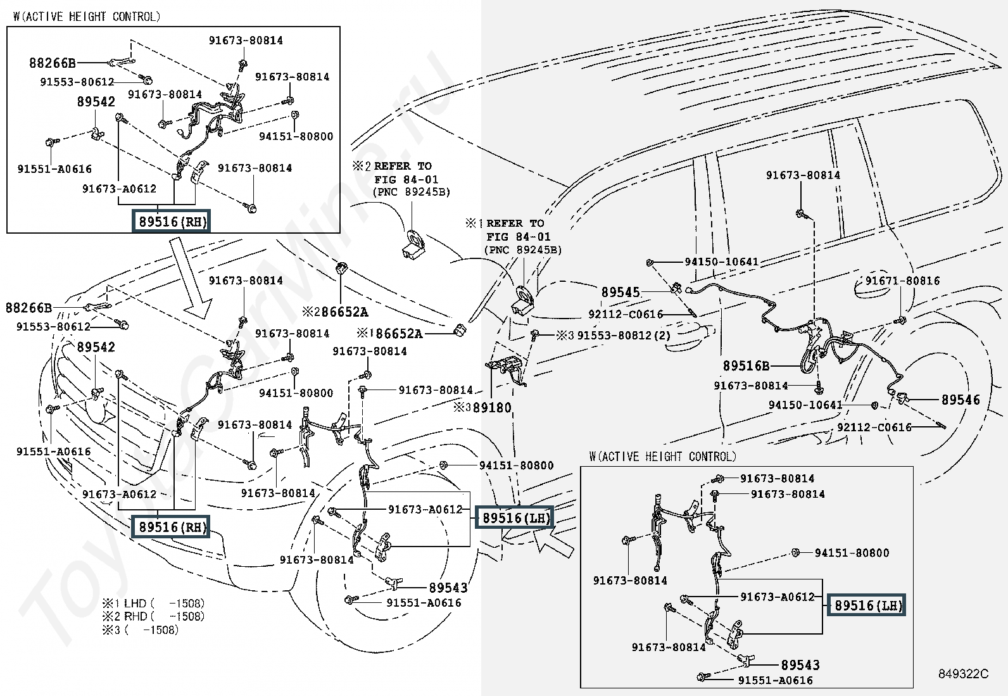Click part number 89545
(x=621, y=293)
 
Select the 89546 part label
(x=960, y=400)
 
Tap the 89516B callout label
(x=747, y=366)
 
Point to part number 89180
(x=491, y=408)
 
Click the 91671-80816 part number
(x=902, y=281)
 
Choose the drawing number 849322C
(x=964, y=674)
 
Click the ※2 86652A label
(x=335, y=312)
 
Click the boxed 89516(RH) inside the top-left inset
(x=170, y=222)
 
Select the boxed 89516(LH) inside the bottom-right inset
(x=868, y=605)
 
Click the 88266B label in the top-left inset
(x=52, y=63)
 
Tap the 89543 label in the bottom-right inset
(x=800, y=665)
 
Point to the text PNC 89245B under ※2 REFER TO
(x=411, y=192)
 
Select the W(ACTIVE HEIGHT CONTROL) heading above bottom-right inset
(x=662, y=457)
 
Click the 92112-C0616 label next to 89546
(x=874, y=427)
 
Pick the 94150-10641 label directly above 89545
(x=721, y=262)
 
